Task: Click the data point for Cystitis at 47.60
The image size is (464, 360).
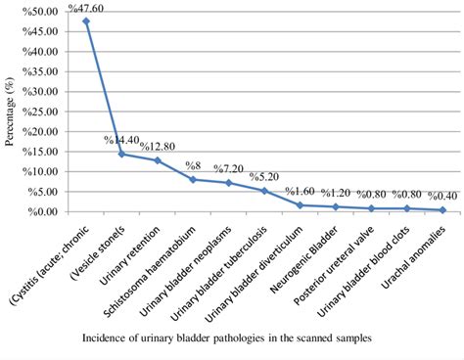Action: (86, 21)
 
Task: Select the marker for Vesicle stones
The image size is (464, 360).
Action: (121, 154)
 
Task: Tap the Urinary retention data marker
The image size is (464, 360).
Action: (158, 160)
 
